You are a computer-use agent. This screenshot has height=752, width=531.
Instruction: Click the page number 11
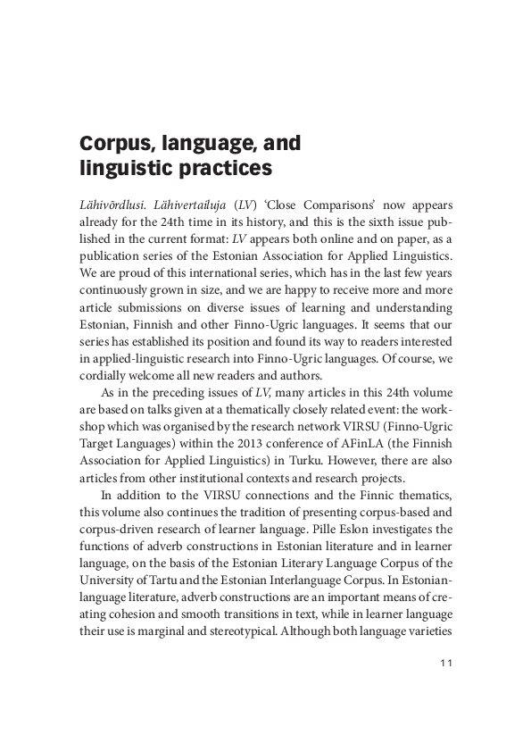(x=448, y=662)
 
